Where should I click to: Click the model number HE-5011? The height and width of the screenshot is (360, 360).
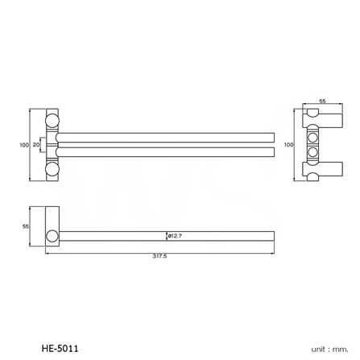point(60,349)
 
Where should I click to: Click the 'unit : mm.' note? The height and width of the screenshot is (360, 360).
point(329,349)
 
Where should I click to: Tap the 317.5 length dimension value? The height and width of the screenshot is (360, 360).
point(159,256)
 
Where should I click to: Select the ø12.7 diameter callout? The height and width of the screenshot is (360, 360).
point(174,235)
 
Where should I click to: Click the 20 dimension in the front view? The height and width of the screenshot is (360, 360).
point(35,145)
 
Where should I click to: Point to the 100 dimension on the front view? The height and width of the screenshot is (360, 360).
point(24,145)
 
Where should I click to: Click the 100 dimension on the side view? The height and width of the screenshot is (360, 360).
point(288,145)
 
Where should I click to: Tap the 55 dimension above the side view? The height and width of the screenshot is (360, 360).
point(322,101)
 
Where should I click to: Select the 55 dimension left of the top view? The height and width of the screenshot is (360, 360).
point(25,226)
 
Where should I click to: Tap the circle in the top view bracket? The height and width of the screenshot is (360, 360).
point(52,236)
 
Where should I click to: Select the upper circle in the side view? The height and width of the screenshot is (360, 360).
point(312,138)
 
